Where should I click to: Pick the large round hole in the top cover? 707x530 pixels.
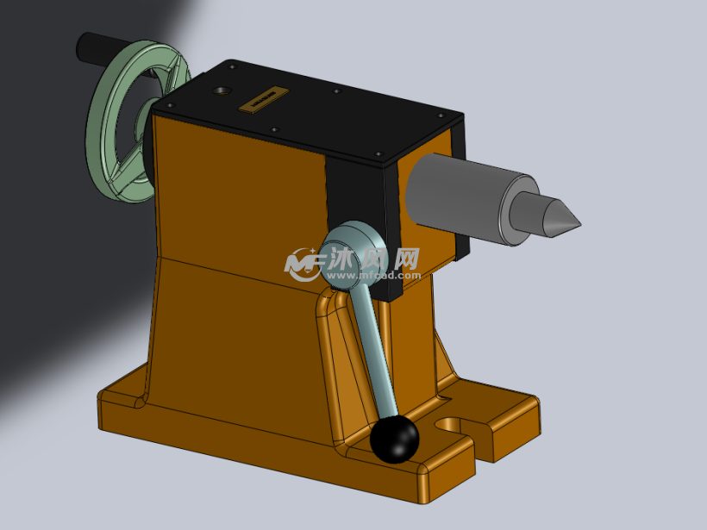pos(222,90)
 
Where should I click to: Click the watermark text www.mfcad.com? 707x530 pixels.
pos(371,276)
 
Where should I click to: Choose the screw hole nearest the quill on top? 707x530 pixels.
pos(379,153)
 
